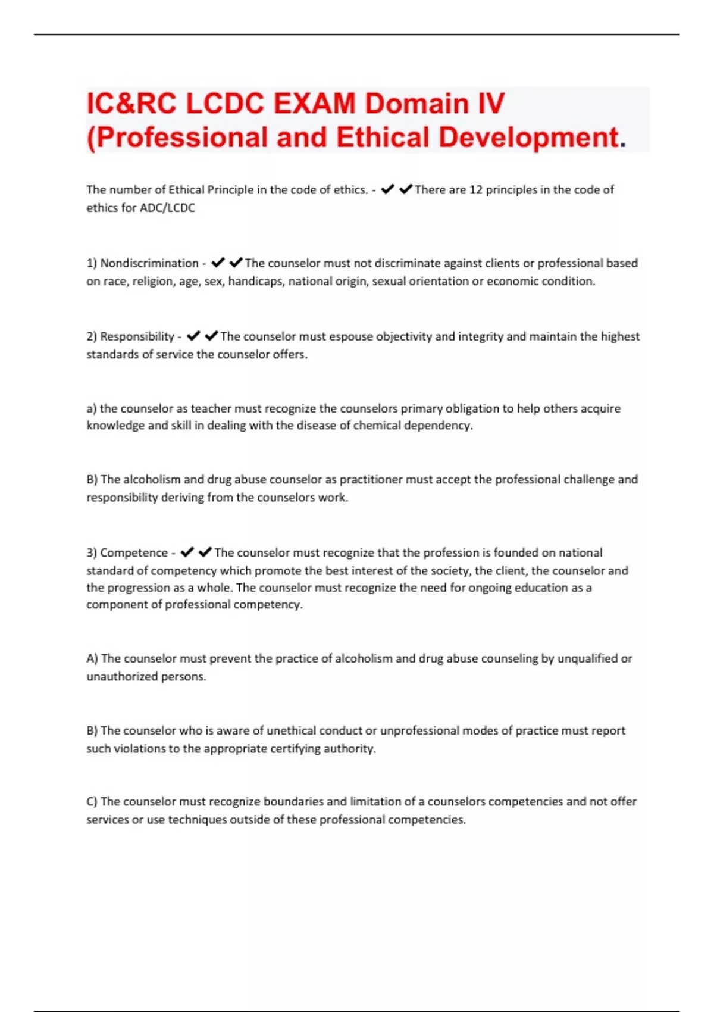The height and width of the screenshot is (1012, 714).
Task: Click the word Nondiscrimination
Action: [x=149, y=263]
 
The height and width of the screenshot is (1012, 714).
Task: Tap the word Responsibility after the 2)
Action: [x=137, y=336]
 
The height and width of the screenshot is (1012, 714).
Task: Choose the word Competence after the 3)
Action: [x=134, y=552]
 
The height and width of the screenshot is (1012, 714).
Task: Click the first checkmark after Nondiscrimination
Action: [x=218, y=263]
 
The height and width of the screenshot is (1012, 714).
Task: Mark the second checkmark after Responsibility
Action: [x=211, y=336]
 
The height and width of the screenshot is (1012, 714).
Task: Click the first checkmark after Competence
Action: [x=187, y=552]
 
